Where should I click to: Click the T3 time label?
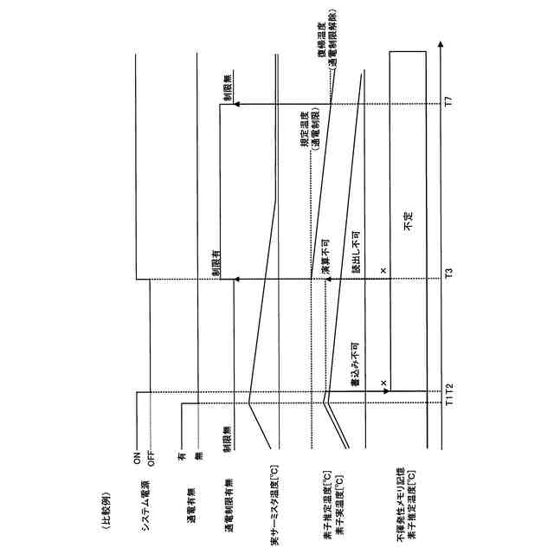448,274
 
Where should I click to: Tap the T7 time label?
448,103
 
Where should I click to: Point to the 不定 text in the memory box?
408,222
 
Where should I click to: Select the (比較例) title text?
106,503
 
